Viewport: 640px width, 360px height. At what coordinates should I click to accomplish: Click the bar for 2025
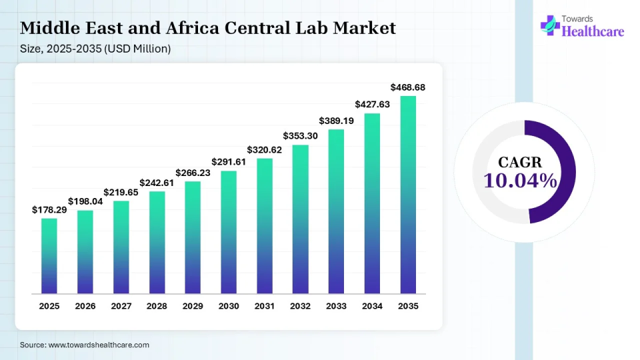[x=49, y=256]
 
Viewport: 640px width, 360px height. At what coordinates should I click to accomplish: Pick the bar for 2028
[x=157, y=243]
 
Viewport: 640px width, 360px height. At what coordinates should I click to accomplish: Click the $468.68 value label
[x=408, y=87]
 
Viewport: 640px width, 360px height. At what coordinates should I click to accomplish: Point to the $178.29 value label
[x=49, y=210]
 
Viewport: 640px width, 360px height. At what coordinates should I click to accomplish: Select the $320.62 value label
[x=265, y=149]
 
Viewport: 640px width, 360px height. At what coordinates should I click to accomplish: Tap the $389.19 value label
[x=336, y=121]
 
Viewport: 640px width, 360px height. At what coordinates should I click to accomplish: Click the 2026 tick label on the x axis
[x=85, y=306]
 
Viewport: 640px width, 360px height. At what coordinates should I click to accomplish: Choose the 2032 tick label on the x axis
[x=301, y=306]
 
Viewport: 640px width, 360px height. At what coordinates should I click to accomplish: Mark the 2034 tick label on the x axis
[x=372, y=306]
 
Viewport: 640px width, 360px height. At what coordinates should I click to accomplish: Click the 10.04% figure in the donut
[x=521, y=181]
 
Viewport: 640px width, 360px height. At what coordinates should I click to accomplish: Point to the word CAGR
[x=520, y=162]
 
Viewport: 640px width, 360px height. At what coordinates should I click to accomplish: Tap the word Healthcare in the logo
[x=593, y=31]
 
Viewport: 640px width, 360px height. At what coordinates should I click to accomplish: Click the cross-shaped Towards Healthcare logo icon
[x=550, y=25]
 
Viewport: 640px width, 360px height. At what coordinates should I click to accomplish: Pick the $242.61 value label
[x=157, y=183]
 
